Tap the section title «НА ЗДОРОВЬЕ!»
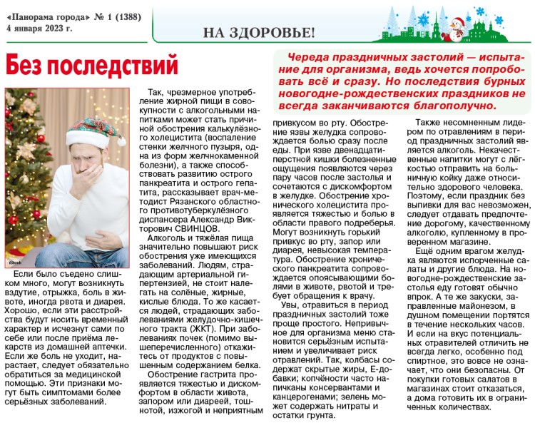(258, 32)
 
